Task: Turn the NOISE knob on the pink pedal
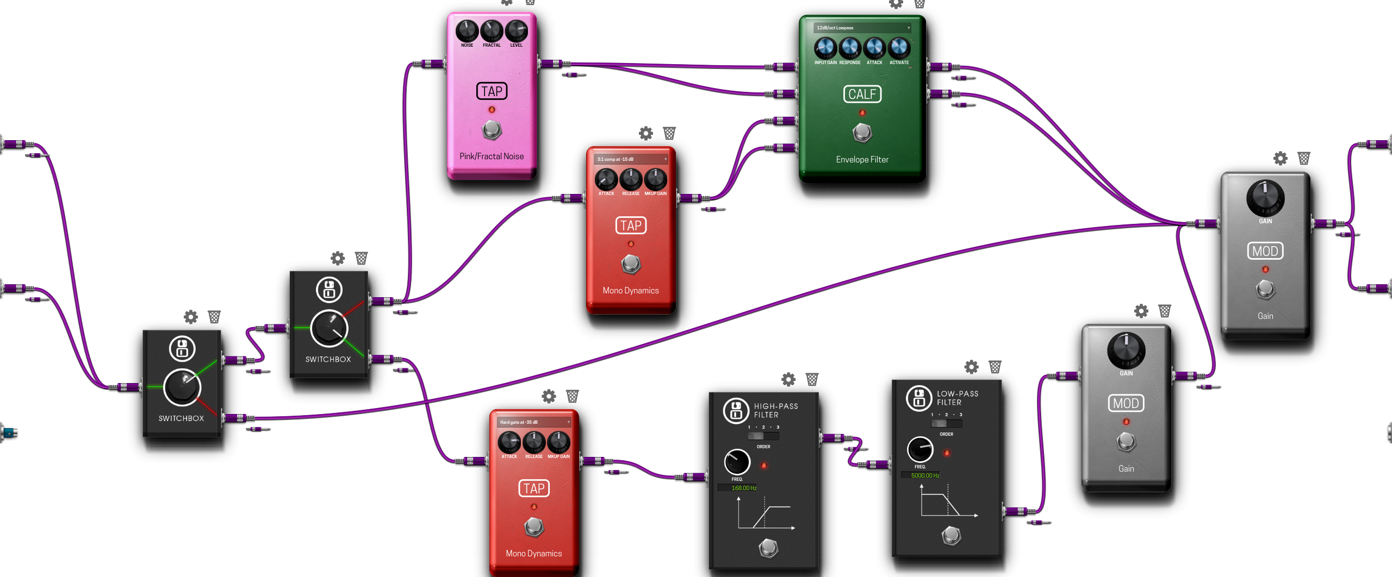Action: (467, 31)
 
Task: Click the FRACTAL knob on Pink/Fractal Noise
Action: (492, 31)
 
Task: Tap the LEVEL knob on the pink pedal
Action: (516, 31)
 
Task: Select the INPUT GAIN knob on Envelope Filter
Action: (825, 48)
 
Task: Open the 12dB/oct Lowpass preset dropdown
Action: (862, 28)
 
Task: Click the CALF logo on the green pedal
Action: (862, 94)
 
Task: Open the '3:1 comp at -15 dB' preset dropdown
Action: (631, 159)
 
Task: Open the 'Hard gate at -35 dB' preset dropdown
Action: (533, 422)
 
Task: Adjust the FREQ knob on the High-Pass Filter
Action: (737, 462)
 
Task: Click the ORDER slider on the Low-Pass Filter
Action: (946, 423)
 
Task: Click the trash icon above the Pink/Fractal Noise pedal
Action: (530, 2)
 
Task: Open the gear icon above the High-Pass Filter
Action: (788, 379)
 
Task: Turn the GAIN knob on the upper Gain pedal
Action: (1265, 198)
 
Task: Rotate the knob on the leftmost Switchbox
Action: (182, 387)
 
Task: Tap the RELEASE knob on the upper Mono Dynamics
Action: (631, 179)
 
